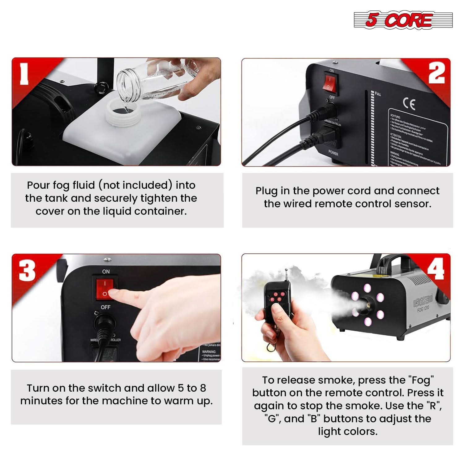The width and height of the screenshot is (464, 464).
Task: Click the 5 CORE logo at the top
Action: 403,20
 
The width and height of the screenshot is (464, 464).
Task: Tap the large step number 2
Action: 436,73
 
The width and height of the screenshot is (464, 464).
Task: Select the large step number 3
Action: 27,270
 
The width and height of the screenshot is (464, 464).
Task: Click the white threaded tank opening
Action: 121,113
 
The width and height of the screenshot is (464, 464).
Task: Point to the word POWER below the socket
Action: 333,153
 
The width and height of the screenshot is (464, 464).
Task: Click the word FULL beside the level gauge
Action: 378,94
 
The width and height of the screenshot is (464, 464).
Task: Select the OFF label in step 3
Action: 105,307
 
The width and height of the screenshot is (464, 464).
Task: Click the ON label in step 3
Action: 106,271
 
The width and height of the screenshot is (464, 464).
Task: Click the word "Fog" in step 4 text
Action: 421,380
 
